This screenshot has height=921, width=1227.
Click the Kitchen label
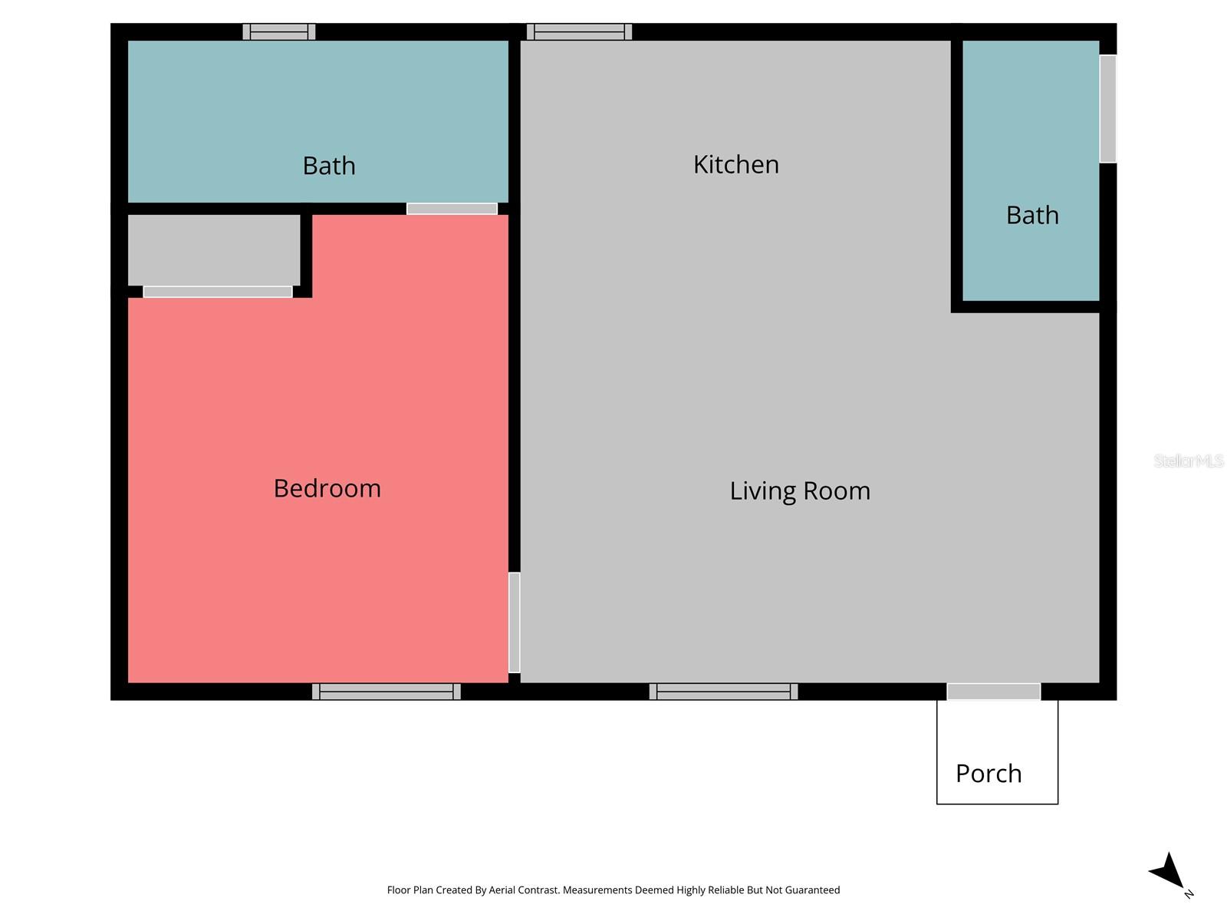coord(735,164)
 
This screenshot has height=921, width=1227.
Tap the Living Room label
coord(799,490)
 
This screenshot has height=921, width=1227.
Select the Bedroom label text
coord(327,488)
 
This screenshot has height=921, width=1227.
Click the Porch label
coord(988,773)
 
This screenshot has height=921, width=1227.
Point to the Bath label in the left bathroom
coord(328,166)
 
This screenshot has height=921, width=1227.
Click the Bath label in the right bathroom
coord(1031,215)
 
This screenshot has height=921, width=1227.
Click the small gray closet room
coord(213,250)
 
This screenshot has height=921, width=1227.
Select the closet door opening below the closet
coord(218,292)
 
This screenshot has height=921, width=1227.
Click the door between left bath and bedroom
coord(452,209)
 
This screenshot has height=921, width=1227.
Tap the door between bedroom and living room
coord(515,622)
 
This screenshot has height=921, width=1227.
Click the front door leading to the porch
coord(993,692)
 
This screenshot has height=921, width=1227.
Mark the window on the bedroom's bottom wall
coord(386,692)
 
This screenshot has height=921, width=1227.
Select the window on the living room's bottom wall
coord(723,692)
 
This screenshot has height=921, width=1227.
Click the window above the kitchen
coord(579,31)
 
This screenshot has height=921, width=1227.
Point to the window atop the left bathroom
coord(279,31)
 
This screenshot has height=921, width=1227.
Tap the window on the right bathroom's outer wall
coord(1108,108)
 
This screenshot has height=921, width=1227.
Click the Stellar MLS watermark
coord(1188,460)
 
